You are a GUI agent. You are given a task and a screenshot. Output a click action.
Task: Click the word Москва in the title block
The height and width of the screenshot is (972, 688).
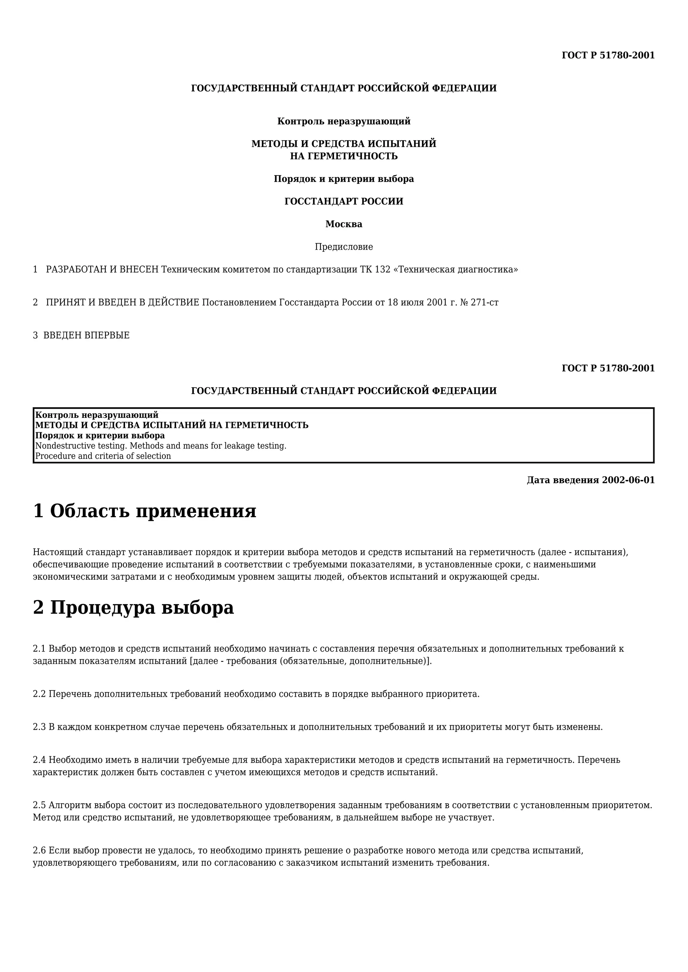(x=344, y=224)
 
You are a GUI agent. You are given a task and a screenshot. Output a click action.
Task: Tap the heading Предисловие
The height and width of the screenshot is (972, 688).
(x=344, y=247)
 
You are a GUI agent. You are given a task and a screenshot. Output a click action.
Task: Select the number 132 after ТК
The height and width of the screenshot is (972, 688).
(x=383, y=269)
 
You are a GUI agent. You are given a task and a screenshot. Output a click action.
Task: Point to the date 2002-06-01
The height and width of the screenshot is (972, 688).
(x=628, y=480)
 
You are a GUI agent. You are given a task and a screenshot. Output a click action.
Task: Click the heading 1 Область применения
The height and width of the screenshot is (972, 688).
(x=144, y=511)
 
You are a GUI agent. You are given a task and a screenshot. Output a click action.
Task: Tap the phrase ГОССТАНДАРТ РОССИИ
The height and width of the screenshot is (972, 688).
(x=344, y=201)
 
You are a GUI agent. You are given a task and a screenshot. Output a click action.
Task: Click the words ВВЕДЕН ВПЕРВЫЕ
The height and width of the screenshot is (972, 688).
(x=86, y=335)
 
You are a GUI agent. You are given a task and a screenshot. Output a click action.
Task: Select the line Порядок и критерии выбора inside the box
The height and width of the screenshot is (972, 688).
(x=100, y=436)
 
